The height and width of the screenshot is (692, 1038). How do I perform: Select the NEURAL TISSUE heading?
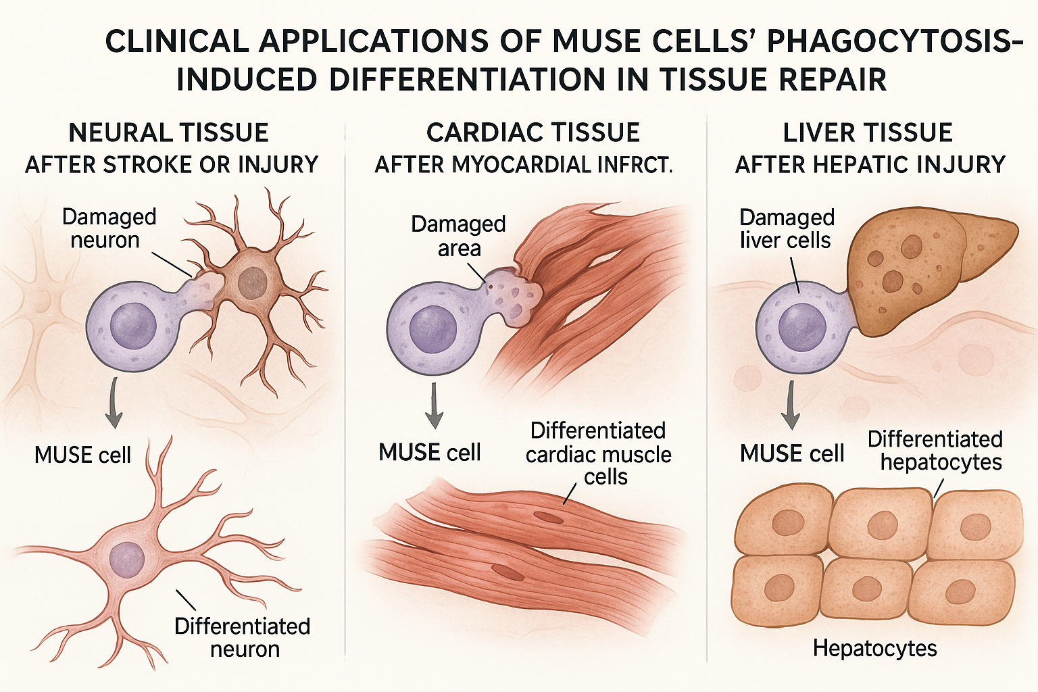169,132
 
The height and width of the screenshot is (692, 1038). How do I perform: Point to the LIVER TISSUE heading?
868,132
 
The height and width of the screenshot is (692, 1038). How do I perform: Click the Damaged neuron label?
108,228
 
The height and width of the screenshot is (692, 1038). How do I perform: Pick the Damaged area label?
458,236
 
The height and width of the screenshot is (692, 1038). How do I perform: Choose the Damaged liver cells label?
787,228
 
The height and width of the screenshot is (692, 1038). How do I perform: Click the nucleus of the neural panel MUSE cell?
133,326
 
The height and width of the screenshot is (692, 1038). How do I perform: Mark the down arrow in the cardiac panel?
435,405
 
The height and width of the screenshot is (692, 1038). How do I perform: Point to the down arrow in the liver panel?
791,405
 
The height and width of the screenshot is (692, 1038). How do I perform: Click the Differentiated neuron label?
243,637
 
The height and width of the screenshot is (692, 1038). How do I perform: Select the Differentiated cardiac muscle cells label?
599,453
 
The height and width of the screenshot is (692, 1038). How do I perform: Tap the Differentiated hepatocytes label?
935,450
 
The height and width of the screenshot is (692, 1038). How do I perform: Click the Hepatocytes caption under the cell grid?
874,649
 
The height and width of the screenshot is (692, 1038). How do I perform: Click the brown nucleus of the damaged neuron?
253,280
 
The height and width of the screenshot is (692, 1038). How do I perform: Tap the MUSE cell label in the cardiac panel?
430,452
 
